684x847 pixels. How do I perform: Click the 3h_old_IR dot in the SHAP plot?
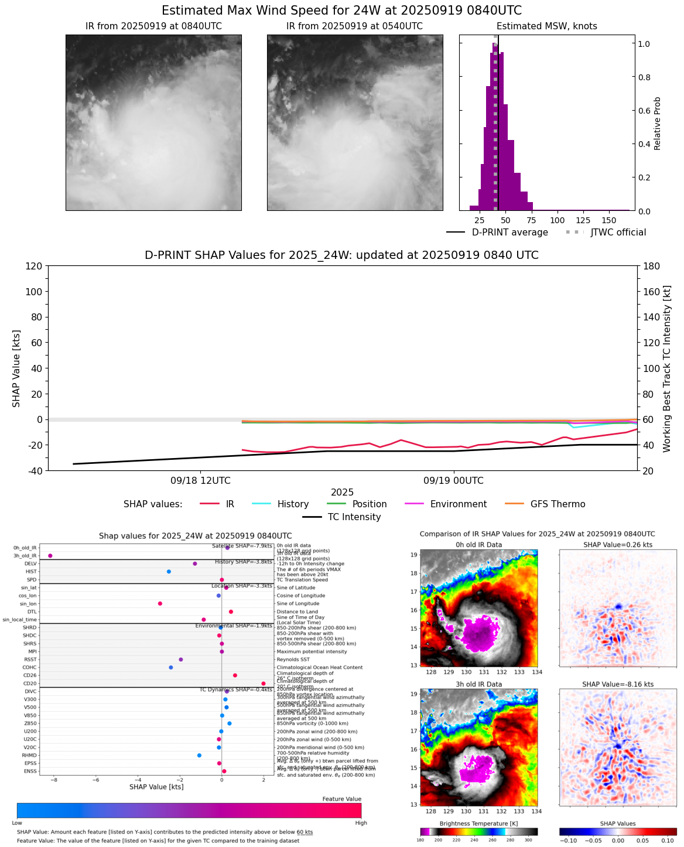tap(50, 555)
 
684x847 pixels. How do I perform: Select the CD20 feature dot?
tap(264, 684)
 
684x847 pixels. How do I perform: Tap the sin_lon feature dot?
tap(160, 603)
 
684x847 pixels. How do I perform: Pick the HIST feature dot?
tap(169, 572)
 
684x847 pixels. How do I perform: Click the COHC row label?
tap(29, 668)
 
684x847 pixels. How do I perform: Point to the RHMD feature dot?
tap(199, 756)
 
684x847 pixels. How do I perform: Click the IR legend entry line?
tap(210, 504)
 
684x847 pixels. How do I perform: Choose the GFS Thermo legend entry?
tap(558, 504)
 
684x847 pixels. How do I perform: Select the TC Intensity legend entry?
tap(354, 517)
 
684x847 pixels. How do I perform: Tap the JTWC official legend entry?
tap(618, 233)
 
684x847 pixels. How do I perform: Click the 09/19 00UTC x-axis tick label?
tap(453, 481)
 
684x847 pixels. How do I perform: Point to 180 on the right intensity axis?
tap(651, 267)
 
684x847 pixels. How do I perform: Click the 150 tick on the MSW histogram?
tap(609, 220)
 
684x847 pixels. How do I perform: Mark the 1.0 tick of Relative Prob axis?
tap(644, 44)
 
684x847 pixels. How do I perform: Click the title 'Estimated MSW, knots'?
tap(546, 26)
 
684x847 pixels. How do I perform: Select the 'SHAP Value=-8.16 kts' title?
tap(617, 684)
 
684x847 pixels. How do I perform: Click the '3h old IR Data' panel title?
tap(478, 684)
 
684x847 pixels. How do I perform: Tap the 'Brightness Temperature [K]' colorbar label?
tap(478, 824)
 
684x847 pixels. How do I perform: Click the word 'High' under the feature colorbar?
tap(361, 823)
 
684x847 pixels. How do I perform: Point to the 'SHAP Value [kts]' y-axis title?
tap(16, 368)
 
